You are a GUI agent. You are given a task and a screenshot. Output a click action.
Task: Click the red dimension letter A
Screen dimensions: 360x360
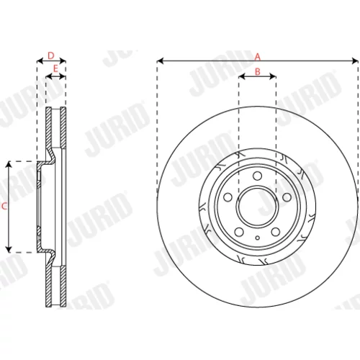click(257, 57)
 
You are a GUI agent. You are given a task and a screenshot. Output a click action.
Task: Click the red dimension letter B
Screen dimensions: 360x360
click(257, 71)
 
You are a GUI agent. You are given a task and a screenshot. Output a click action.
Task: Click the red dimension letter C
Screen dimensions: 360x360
click(4, 206)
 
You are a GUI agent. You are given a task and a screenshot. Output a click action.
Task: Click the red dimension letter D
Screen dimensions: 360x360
click(51, 55)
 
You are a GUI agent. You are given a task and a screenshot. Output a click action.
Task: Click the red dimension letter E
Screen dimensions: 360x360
click(55, 69)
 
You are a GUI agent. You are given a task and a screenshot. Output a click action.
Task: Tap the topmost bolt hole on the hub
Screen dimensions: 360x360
click(257, 176)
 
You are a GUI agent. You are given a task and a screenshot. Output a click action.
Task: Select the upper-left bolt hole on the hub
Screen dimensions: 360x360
click(228, 197)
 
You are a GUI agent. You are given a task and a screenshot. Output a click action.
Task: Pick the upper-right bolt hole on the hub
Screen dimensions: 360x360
click(287, 197)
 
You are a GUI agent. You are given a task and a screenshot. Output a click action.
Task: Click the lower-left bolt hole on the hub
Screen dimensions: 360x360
click(239, 232)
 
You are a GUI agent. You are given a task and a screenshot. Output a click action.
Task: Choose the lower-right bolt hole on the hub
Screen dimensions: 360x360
click(276, 232)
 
